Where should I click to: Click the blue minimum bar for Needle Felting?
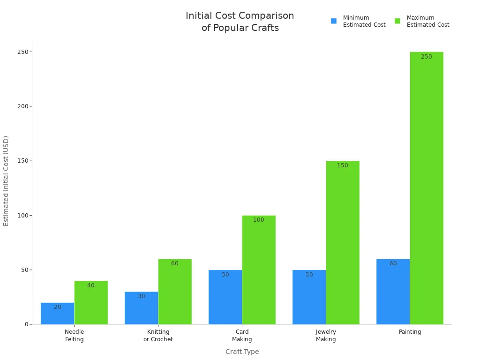coord(57,314)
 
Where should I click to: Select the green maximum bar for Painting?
coord(427,187)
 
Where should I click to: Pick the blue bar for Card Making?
coord(225,297)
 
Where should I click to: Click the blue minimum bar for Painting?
coord(393,292)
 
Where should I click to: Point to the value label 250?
coord(427,57)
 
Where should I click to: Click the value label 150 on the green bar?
coord(343,165)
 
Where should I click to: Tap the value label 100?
coord(259,220)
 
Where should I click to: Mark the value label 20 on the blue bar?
coord(57,307)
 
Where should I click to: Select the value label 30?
coord(142,296)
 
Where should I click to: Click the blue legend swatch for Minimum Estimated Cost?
coord(334,21)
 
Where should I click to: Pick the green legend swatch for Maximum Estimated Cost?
coord(397,21)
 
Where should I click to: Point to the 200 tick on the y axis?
coord(22,106)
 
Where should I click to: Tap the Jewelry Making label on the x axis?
coord(326,336)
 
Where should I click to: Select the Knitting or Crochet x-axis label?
coord(158,336)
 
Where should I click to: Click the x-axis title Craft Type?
coord(242,352)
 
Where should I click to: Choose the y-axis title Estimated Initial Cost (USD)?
coord(6,181)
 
